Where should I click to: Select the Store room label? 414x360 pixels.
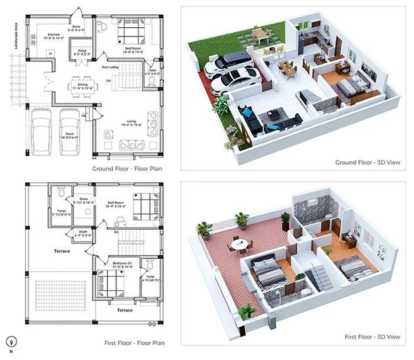pyautogui.click(x=76, y=27)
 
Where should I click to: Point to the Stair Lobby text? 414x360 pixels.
pyautogui.click(x=111, y=67)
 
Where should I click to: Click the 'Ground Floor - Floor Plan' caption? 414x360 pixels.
pyautogui.click(x=127, y=169)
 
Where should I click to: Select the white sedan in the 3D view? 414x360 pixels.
pyautogui.click(x=234, y=79)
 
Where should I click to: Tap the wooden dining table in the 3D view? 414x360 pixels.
pyautogui.click(x=287, y=67)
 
